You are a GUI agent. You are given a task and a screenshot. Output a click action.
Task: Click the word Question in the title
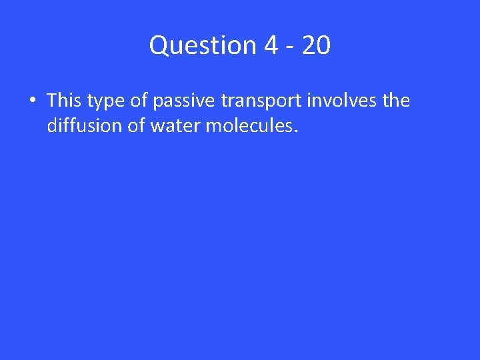pos(203,45)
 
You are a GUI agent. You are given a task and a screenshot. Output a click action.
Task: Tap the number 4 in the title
pos(271,45)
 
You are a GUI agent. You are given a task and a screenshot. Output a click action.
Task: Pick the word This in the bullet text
pos(63,101)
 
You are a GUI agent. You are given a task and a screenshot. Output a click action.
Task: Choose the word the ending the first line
pos(395,101)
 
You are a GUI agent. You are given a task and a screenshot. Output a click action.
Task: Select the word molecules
pos(247,125)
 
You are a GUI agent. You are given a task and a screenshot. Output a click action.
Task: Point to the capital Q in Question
pos(159,45)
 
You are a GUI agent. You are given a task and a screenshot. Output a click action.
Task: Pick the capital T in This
pos(52,101)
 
